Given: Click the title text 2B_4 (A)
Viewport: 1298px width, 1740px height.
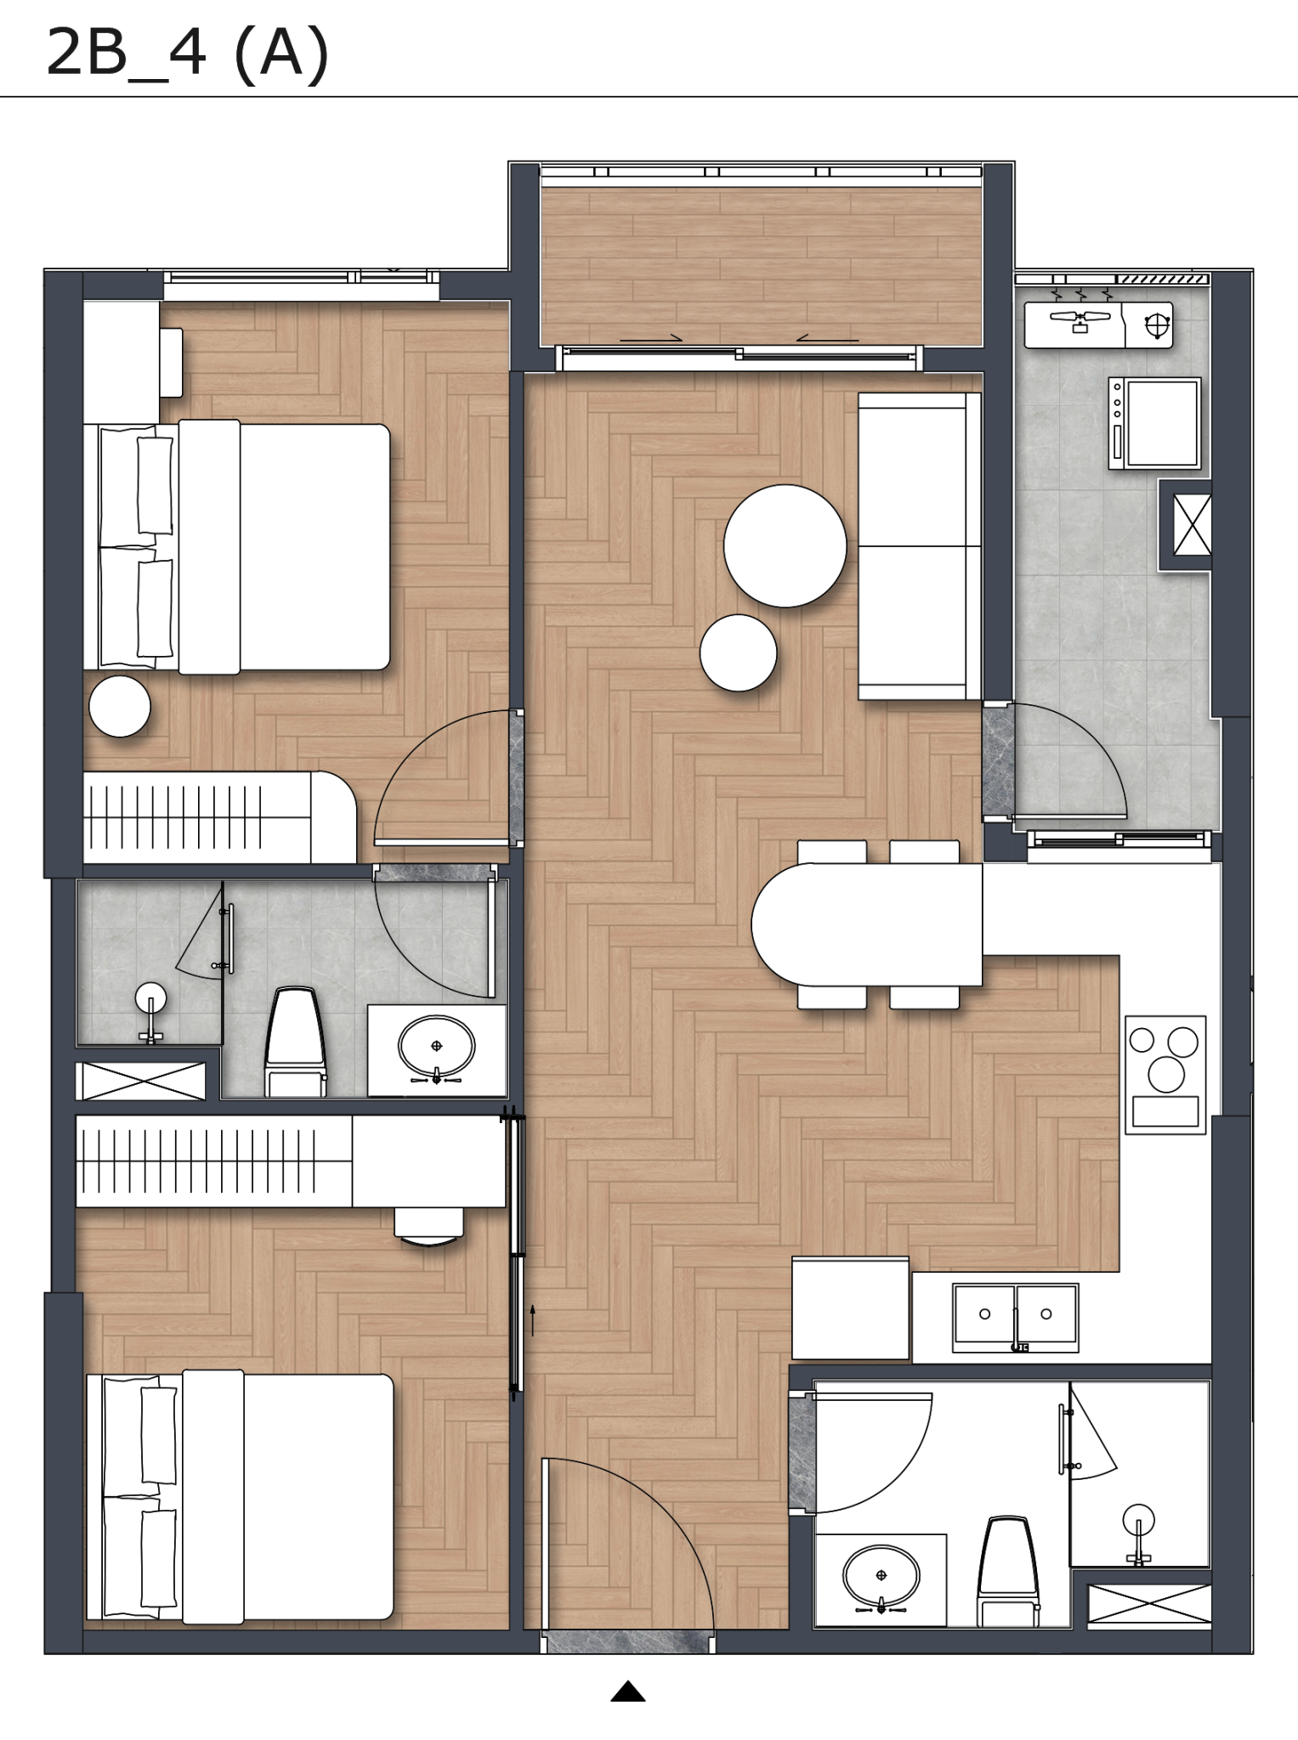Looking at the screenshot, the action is pyautogui.click(x=187, y=53).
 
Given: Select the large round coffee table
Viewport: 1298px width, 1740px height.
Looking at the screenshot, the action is pyautogui.click(x=785, y=545).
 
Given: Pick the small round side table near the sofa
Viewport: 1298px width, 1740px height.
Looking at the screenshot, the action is pyautogui.click(x=738, y=652).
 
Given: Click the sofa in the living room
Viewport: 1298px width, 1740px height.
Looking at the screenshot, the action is pyautogui.click(x=919, y=546).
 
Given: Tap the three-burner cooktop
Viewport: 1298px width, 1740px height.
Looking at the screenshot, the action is pyautogui.click(x=1165, y=1075).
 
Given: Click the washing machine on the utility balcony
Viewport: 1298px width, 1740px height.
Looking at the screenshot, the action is pyautogui.click(x=1154, y=423).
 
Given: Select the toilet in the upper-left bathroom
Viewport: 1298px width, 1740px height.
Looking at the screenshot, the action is pyautogui.click(x=296, y=1042).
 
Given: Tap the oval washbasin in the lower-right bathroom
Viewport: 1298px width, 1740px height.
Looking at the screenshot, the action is pyautogui.click(x=881, y=1578).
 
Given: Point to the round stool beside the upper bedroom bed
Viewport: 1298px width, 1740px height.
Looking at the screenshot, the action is pyautogui.click(x=120, y=706).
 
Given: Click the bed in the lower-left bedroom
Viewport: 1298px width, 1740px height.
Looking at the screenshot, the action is pyautogui.click(x=240, y=1495).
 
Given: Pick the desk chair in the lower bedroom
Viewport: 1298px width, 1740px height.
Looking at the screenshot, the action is pyautogui.click(x=428, y=1227).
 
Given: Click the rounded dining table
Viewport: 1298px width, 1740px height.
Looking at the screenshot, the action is pyautogui.click(x=867, y=924).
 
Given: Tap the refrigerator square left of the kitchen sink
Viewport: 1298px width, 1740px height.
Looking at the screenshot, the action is pyautogui.click(x=850, y=1308).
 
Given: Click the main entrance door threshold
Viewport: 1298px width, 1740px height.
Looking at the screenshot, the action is pyautogui.click(x=628, y=1641).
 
